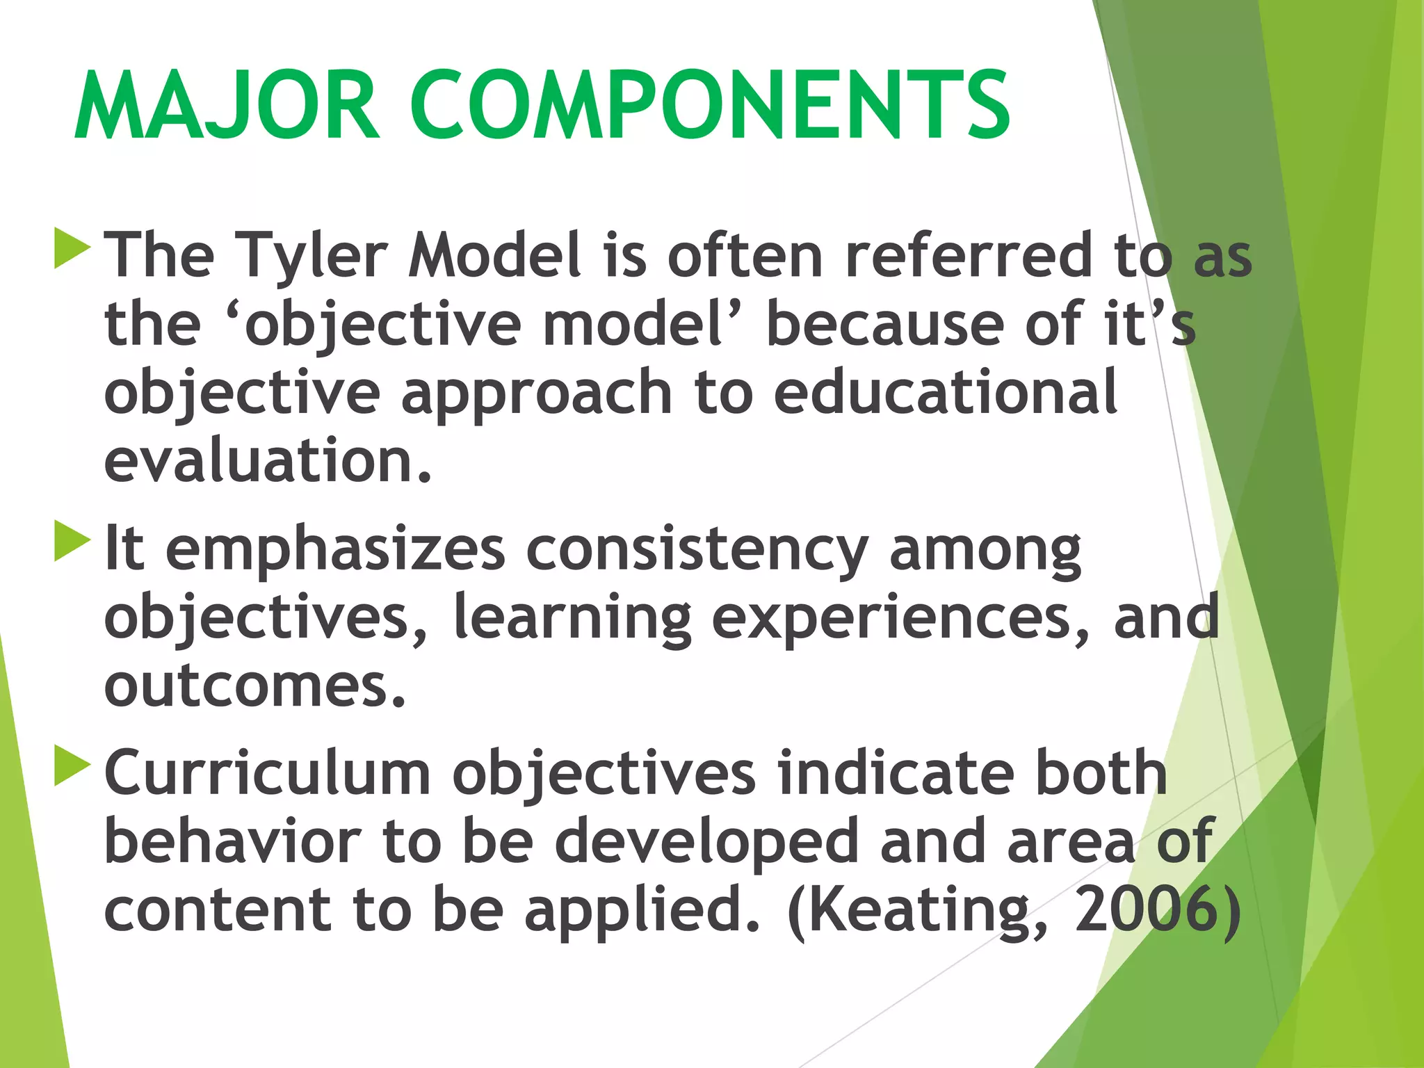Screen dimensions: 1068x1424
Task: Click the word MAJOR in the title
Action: coord(227,106)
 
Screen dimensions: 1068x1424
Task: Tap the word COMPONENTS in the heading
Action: coord(710,106)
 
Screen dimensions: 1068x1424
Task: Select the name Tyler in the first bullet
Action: coord(310,256)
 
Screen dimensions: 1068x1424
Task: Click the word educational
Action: coord(945,392)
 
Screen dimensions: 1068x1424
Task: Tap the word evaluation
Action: coord(268,460)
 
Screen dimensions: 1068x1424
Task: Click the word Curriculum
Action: coord(268,773)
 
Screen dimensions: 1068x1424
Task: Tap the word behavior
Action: coord(232,841)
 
